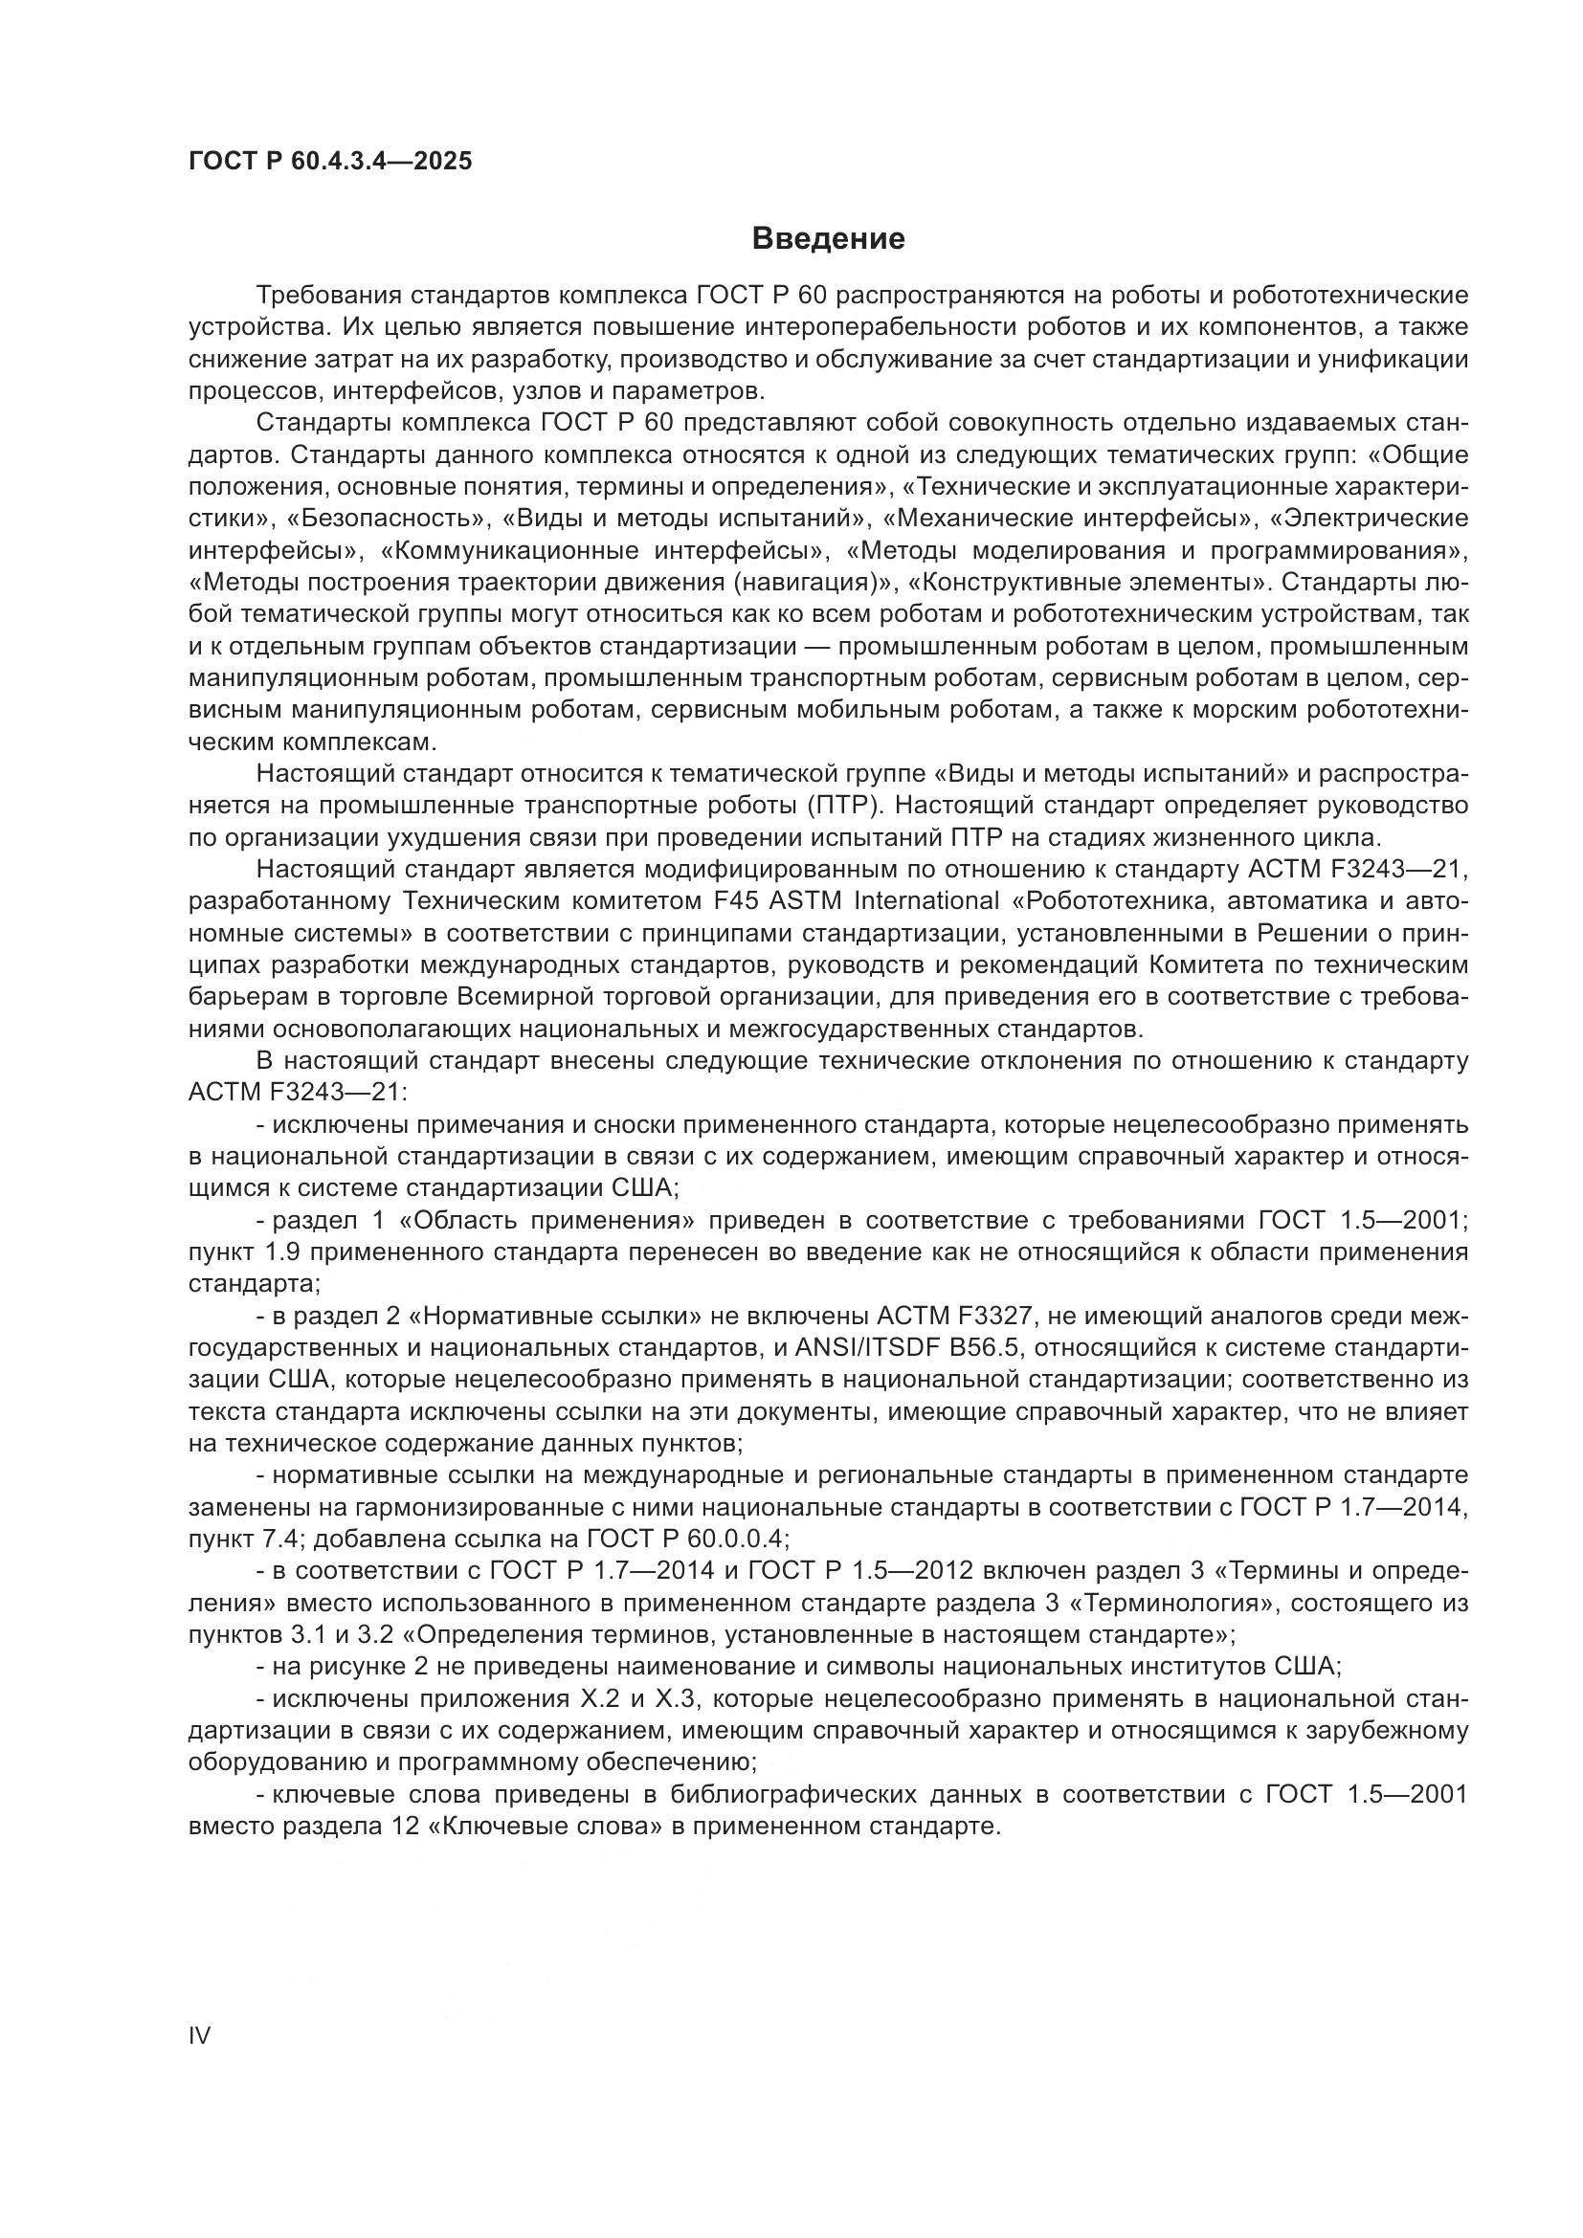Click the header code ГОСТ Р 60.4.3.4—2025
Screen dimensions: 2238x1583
point(330,161)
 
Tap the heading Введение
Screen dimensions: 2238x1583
point(829,239)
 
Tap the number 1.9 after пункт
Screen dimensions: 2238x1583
point(283,1252)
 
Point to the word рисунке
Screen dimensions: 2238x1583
point(351,1668)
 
